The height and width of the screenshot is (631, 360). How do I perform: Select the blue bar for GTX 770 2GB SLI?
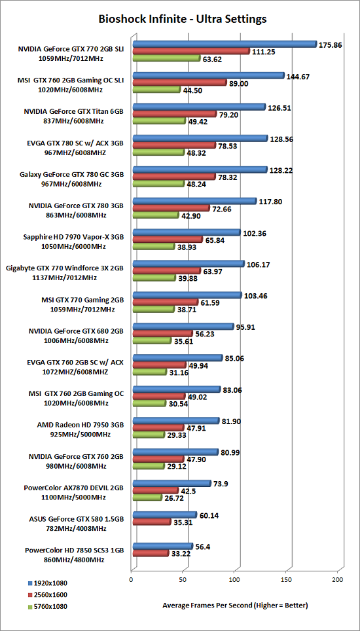click(225, 44)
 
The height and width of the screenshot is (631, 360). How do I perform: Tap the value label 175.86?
click(331, 45)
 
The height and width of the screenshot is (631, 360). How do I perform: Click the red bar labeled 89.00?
click(180, 83)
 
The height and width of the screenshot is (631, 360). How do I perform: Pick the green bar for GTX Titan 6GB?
click(159, 120)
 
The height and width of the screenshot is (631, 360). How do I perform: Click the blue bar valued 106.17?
click(189, 264)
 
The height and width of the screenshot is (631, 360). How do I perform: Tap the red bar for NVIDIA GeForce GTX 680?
click(163, 334)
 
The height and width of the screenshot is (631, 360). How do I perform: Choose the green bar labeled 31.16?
click(150, 372)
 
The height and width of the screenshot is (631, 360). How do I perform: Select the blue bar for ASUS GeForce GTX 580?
click(165, 514)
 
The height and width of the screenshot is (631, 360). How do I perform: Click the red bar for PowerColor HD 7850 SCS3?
click(151, 553)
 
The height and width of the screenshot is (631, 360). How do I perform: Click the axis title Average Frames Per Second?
click(235, 605)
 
